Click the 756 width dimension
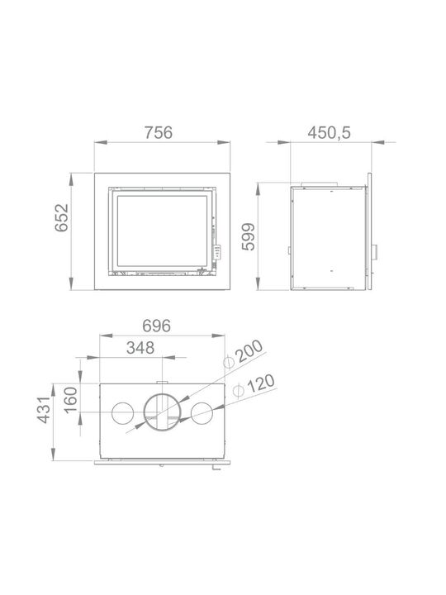pos(159,133)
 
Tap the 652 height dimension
pos(62,218)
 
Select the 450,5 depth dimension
pos(330,133)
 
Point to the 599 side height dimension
pos(249,237)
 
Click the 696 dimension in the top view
pos(157,326)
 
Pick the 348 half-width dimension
pos(140,348)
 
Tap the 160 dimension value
pos(71,400)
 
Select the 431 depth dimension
pos(45,410)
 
